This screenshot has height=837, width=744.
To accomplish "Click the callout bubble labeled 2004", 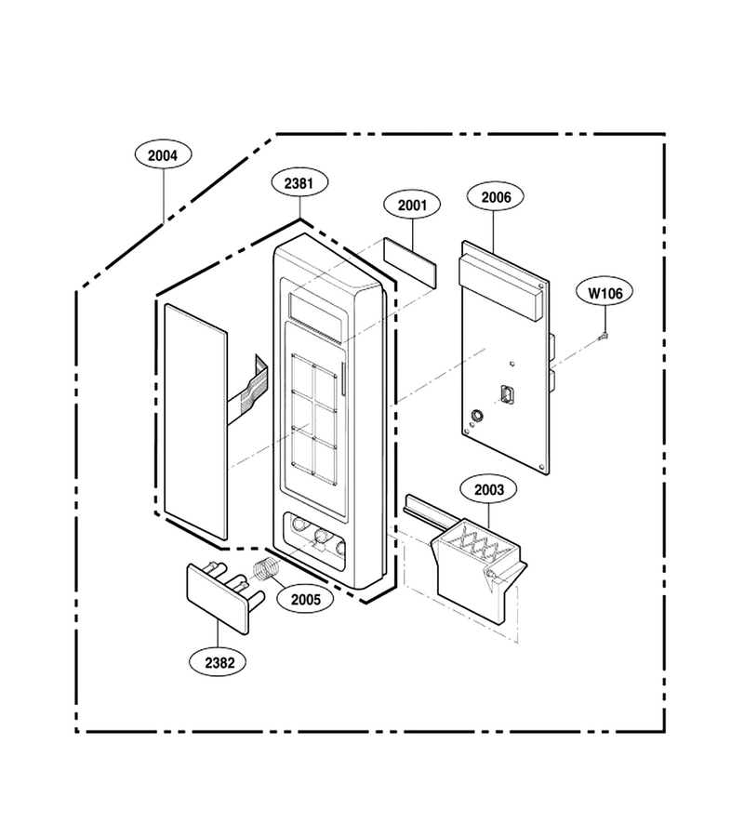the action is click(x=163, y=155).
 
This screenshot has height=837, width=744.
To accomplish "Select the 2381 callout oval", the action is click(x=299, y=183).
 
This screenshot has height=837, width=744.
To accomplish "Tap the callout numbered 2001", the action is click(x=412, y=205).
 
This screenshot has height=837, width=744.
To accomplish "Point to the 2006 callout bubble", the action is click(x=496, y=197).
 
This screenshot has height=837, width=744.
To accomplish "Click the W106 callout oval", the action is click(x=605, y=293).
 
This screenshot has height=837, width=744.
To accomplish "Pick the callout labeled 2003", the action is click(x=488, y=489).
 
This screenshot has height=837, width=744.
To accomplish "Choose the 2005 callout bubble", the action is click(x=306, y=599).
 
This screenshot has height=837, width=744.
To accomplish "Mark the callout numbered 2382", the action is click(x=219, y=662).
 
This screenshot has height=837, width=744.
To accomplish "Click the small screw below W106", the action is click(x=604, y=336).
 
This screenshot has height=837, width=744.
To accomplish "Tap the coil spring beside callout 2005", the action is click(x=265, y=569).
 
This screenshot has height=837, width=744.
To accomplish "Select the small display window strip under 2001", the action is click(x=409, y=262).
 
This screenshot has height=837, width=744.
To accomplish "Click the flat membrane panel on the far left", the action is click(x=196, y=421).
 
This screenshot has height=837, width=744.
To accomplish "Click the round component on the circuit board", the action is click(x=475, y=416).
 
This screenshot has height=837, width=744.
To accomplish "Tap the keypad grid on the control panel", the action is click(x=313, y=419).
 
